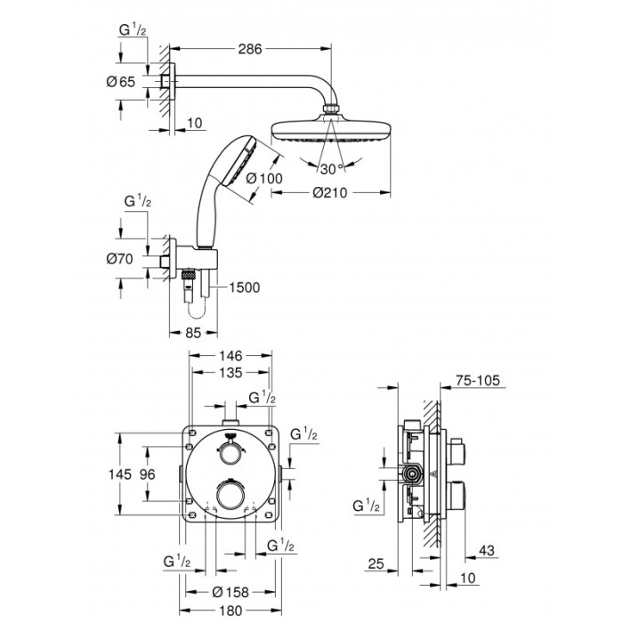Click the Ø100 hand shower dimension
click(264, 179)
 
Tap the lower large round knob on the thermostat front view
click(231, 496)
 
